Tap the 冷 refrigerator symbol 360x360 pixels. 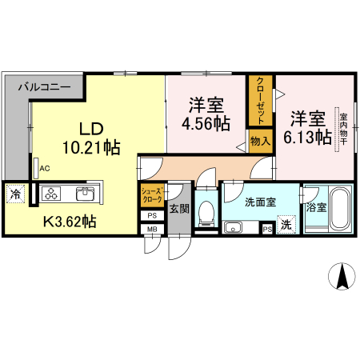[15, 193]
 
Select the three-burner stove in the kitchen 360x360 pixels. [52, 193]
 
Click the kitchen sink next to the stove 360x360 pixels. [85, 193]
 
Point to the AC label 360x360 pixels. [45, 168]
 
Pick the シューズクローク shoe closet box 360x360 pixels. [152, 196]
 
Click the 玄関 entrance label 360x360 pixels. [178, 210]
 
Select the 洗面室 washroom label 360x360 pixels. [260, 202]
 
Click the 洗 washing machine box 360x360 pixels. [286, 226]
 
